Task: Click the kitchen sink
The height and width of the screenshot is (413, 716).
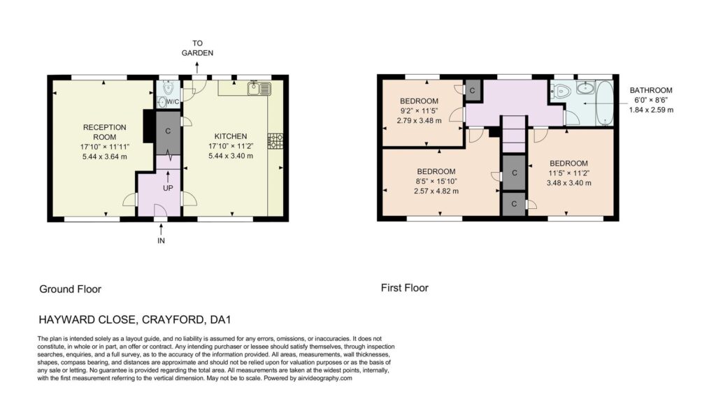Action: (259, 88)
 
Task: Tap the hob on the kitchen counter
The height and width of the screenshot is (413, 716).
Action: (275, 141)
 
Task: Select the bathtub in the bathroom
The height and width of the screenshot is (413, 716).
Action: (605, 103)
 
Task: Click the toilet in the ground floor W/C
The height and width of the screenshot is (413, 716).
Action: (168, 87)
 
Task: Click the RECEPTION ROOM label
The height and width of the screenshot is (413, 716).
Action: (105, 132)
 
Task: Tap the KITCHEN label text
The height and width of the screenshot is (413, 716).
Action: (231, 136)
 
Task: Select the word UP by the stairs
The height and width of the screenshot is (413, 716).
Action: (168, 187)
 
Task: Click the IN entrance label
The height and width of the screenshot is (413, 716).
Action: (161, 240)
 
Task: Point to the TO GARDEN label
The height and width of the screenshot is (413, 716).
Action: (197, 48)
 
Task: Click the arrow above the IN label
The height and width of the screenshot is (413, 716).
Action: (161, 229)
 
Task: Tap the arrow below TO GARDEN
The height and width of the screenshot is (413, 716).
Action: (197, 68)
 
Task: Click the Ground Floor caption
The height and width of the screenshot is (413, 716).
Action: (71, 289)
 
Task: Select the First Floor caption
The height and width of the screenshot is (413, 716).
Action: (405, 288)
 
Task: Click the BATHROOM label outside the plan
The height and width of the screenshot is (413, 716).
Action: (651, 90)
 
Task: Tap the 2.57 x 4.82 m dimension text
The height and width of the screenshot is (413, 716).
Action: (436, 191)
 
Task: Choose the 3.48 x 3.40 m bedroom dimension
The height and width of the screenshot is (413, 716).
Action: (568, 183)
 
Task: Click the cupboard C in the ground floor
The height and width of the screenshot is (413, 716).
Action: (168, 131)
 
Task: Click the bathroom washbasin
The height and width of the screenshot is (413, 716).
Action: (585, 87)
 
